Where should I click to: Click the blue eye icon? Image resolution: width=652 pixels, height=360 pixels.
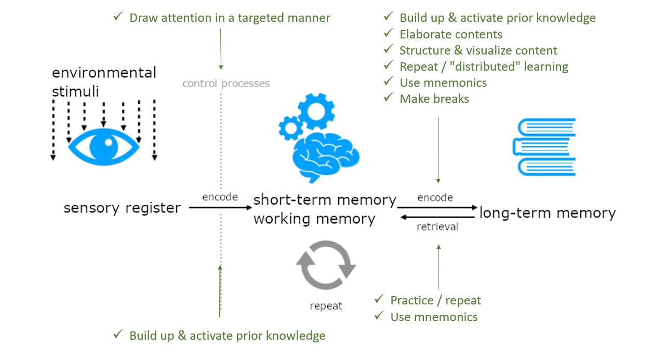(104, 146)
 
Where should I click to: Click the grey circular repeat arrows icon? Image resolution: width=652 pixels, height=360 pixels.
(326, 264)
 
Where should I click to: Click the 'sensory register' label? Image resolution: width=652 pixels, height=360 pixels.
(122, 208)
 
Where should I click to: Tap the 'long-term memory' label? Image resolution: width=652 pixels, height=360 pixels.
(547, 213)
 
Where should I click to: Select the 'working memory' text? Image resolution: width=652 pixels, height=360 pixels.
(314, 219)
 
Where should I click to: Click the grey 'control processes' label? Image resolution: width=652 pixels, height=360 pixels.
(226, 84)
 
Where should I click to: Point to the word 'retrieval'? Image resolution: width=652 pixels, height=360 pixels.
(437, 227)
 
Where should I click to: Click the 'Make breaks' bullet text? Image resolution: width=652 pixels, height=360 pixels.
(434, 99)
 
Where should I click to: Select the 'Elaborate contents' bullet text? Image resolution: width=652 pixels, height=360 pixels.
(451, 34)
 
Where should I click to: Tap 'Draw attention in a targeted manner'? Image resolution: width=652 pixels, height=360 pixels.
(230, 18)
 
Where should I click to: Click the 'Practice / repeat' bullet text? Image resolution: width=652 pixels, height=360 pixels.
(435, 300)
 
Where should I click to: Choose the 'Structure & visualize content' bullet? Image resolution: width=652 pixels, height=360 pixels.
(478, 50)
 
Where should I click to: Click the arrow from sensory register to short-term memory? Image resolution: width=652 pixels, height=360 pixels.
(220, 207)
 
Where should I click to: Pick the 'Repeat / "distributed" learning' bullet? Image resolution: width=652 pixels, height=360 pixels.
(484, 66)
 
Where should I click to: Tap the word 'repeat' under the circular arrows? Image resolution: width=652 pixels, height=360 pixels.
(326, 306)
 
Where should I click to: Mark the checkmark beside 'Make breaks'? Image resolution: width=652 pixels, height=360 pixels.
(388, 98)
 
